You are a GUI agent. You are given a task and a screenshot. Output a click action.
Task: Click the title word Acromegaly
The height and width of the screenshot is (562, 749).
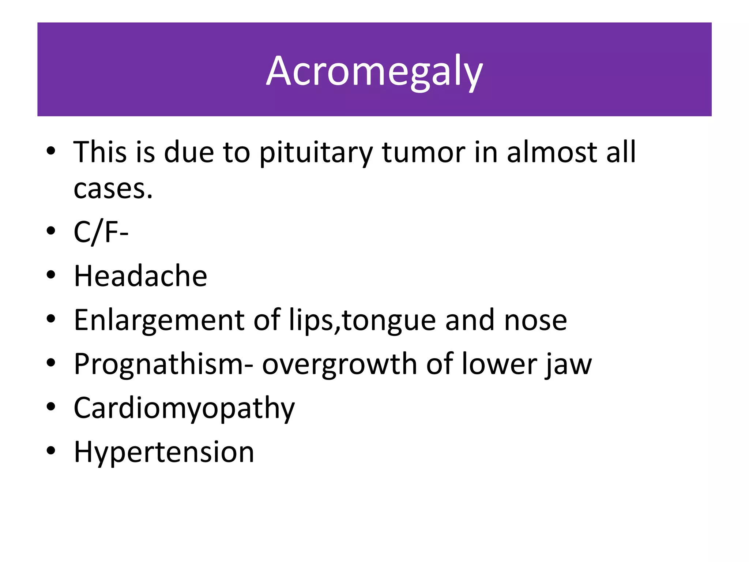(374, 71)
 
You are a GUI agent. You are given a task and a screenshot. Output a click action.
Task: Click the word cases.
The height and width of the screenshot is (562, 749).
(113, 190)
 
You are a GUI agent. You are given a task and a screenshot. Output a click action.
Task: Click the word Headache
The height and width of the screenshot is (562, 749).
(140, 276)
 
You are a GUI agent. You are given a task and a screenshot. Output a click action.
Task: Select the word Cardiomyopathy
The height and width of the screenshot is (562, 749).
(184, 408)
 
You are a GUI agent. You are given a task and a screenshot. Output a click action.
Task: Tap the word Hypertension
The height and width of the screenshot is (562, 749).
(164, 452)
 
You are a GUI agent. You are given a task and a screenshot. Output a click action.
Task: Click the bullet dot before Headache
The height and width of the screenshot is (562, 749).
(51, 275)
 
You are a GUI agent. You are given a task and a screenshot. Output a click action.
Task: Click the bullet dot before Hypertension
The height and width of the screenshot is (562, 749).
(51, 450)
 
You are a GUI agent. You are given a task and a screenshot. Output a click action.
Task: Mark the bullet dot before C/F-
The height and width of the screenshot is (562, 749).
(51, 231)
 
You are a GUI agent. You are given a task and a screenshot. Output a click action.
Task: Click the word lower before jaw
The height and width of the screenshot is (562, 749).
(498, 364)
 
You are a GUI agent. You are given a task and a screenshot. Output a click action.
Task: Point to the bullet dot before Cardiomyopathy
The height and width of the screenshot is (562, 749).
(51, 406)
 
